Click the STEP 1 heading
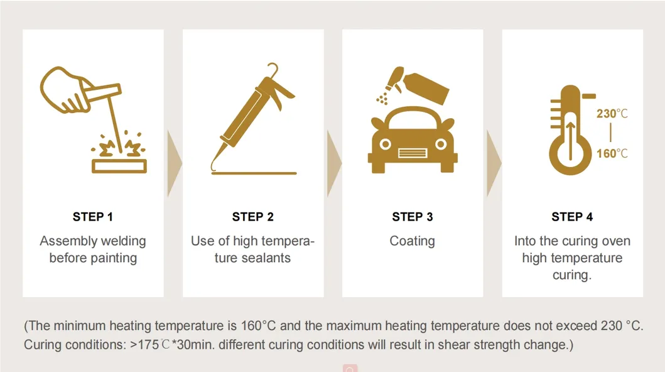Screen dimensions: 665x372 (x=92, y=217)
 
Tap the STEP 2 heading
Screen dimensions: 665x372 (x=253, y=217)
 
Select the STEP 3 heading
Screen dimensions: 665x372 (x=412, y=217)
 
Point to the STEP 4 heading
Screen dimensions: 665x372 (x=572, y=217)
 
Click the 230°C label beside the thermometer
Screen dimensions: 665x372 (x=612, y=114)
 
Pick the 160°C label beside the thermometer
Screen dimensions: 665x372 (x=612, y=153)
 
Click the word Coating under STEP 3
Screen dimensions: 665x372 (x=412, y=241)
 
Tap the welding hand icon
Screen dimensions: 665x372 (x=94, y=119)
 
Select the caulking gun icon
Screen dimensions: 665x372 (x=253, y=119)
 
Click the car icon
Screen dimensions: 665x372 (x=413, y=140)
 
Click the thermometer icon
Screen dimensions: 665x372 (x=570, y=130)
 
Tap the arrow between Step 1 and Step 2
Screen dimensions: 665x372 (x=175, y=163)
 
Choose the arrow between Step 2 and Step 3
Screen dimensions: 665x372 (x=334, y=163)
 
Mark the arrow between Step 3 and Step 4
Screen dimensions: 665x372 (x=494, y=163)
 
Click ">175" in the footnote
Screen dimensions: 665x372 (x=144, y=344)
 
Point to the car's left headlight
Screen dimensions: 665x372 (x=385, y=145)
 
